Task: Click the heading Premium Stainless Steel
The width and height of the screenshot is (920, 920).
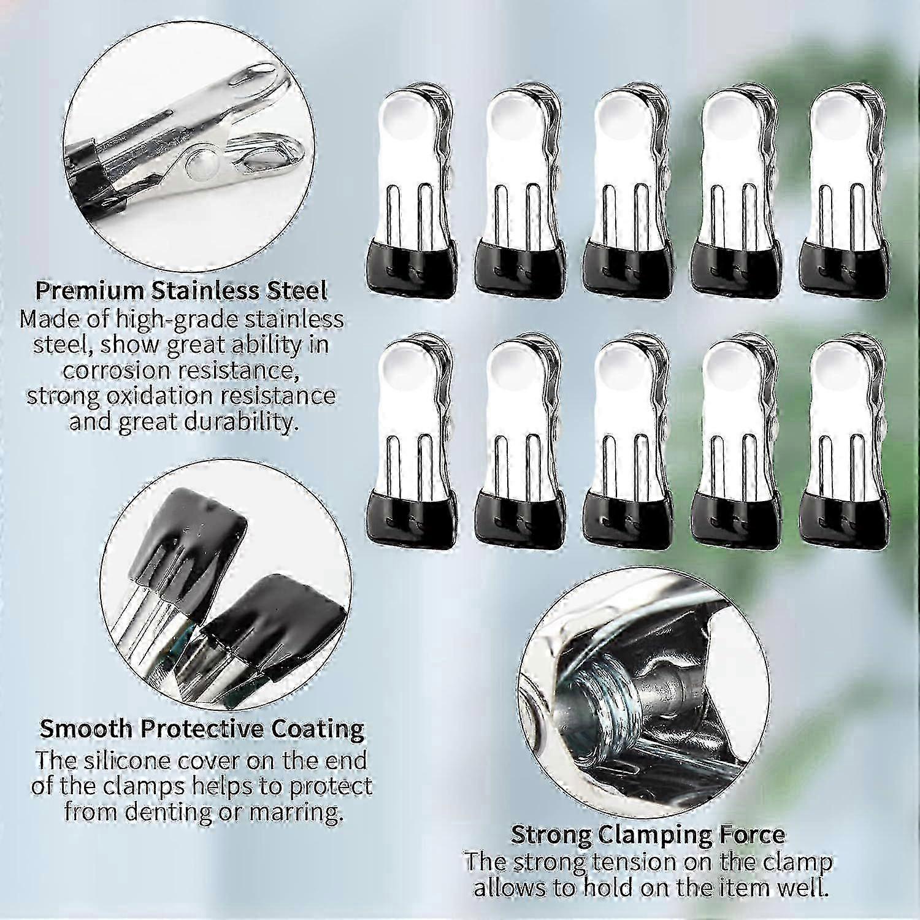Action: tap(181, 290)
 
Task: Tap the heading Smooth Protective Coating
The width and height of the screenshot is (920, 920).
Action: tap(202, 729)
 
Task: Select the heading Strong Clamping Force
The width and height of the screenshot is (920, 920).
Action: tap(648, 835)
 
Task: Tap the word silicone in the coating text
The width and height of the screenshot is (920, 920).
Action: tap(130, 761)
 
